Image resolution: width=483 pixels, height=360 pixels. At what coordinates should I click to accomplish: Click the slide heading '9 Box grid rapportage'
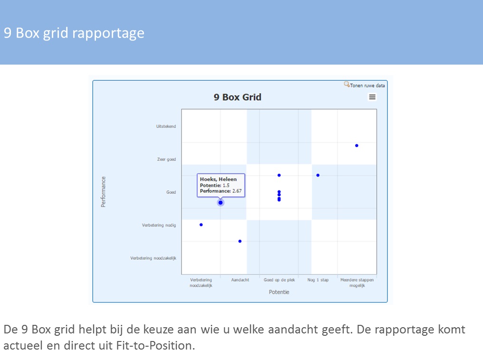(x=74, y=33)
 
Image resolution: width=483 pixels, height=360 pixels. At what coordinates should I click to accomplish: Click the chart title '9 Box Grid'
(x=238, y=97)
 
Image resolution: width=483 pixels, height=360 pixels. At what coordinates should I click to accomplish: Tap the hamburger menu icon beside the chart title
(x=372, y=97)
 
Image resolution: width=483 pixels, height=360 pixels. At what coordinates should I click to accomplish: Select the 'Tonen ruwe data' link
(x=367, y=85)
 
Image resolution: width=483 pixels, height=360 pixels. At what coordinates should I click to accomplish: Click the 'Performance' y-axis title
(x=103, y=192)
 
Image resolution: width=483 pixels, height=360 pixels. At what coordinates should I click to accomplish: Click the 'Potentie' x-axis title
(x=279, y=292)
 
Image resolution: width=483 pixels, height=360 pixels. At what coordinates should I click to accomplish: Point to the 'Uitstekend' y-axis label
(x=166, y=126)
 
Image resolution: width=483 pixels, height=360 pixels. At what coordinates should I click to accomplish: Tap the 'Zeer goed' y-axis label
(x=166, y=160)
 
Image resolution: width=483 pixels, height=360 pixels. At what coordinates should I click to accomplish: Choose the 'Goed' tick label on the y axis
(x=171, y=192)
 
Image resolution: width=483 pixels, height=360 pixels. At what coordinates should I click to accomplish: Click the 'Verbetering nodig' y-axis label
(x=159, y=225)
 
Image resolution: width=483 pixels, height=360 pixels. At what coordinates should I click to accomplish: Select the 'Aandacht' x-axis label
(x=240, y=280)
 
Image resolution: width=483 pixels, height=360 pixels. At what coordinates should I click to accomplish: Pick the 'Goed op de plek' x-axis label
(x=280, y=280)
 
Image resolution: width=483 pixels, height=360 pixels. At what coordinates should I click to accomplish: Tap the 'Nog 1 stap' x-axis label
(x=318, y=280)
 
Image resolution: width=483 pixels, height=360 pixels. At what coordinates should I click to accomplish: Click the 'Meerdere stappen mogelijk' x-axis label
(x=357, y=283)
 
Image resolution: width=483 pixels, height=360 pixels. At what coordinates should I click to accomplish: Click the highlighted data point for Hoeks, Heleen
(x=221, y=203)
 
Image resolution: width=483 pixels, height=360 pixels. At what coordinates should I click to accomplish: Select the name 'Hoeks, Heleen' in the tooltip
(x=218, y=179)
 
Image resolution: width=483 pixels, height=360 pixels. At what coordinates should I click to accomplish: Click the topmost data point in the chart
(x=357, y=145)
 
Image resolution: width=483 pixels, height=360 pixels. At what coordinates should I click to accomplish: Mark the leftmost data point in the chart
(x=201, y=225)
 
